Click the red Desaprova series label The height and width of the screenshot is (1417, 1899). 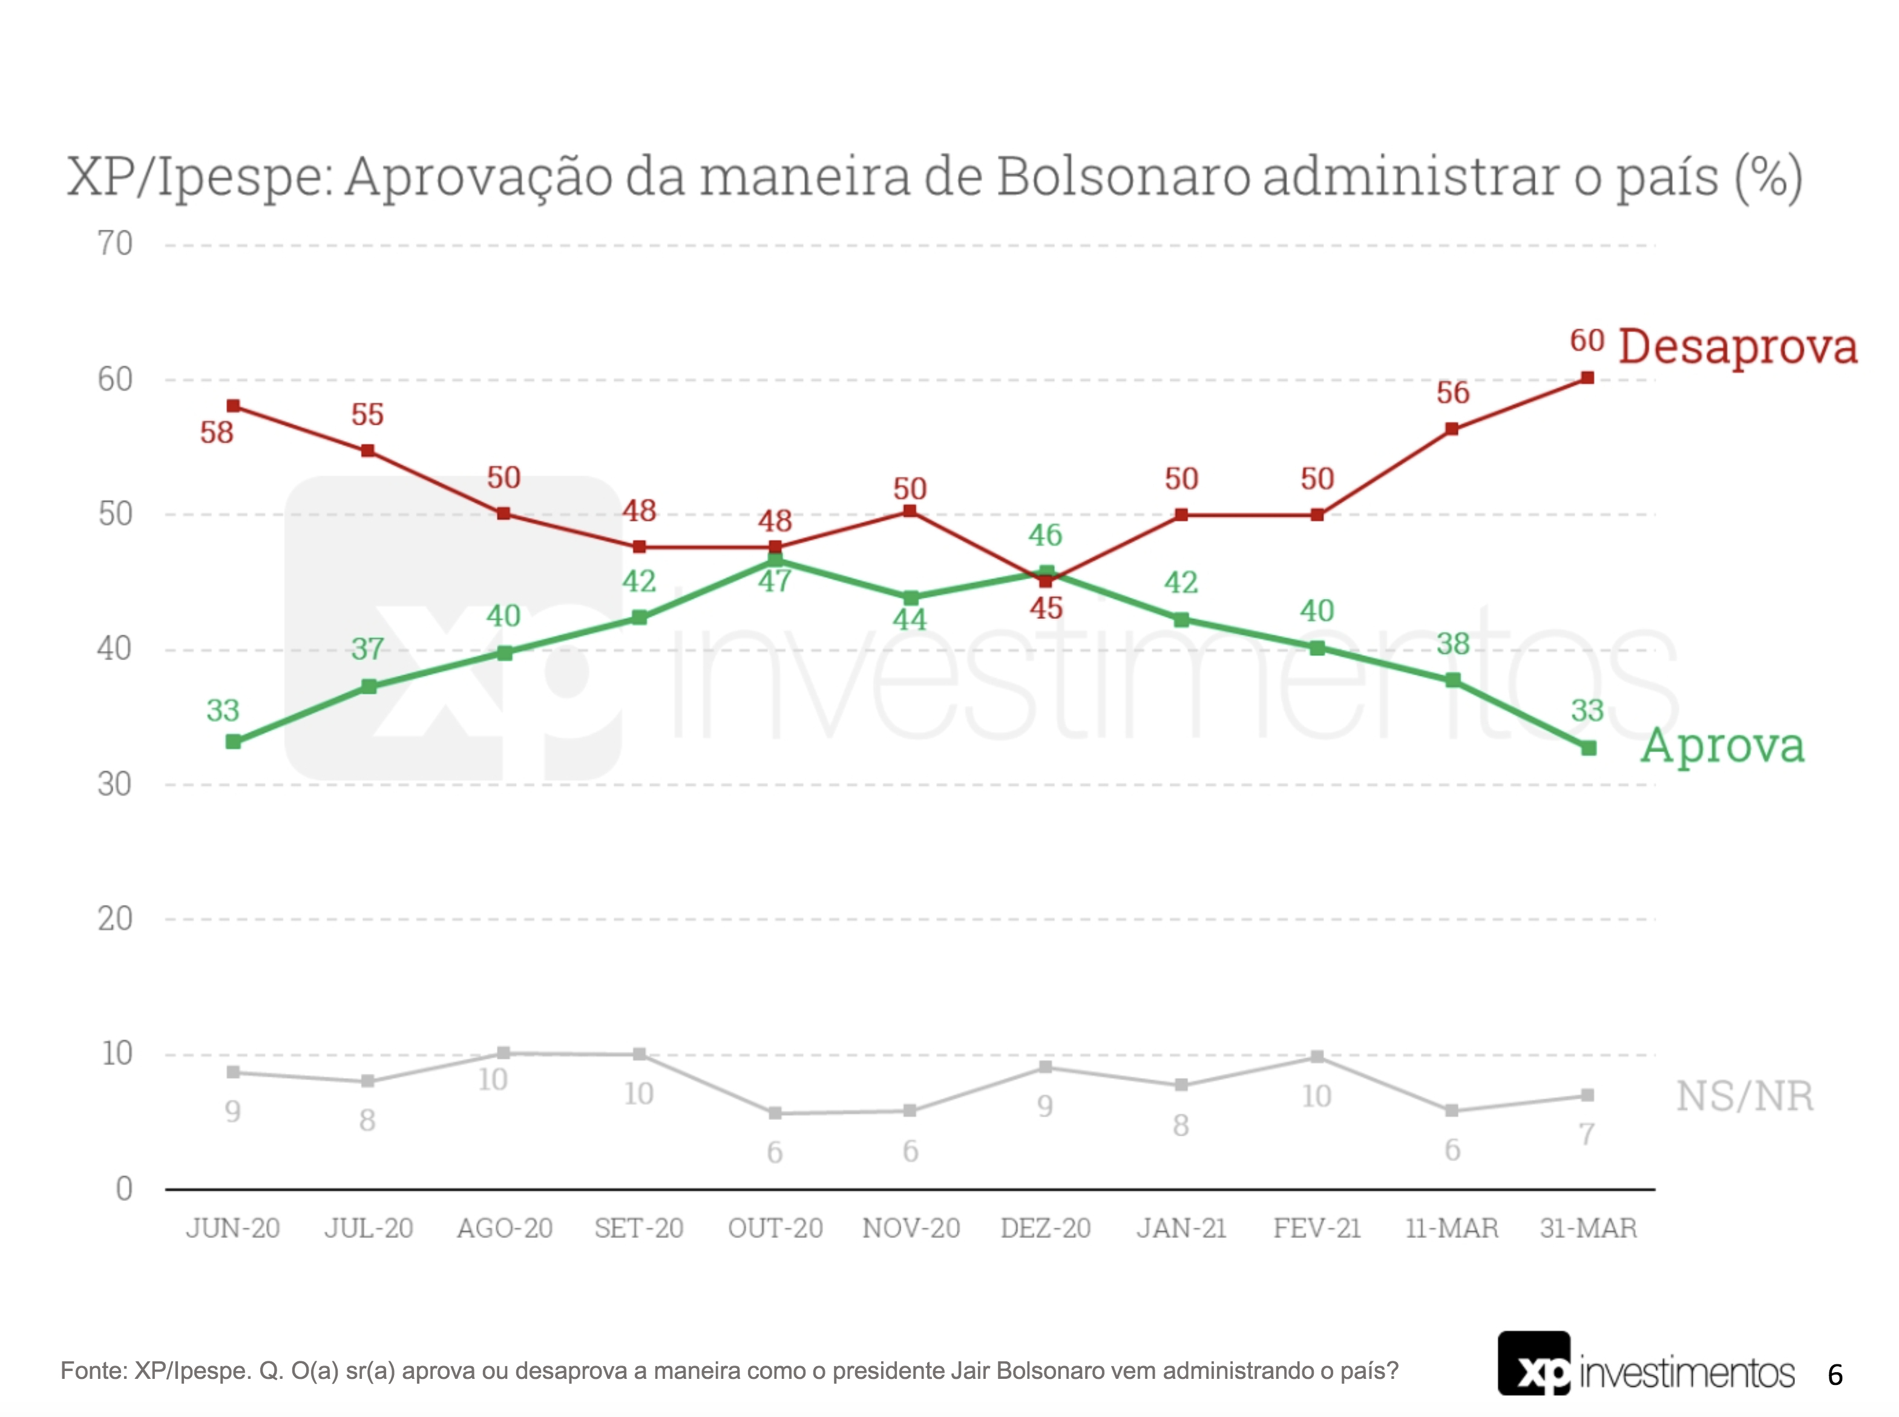[1737, 347]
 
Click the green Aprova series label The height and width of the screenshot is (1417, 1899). [1722, 745]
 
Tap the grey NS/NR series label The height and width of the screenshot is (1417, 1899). [1745, 1096]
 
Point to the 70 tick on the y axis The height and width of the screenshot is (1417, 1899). [115, 244]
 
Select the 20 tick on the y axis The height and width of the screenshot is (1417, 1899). [115, 918]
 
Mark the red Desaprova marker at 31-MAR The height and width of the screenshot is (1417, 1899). [1588, 378]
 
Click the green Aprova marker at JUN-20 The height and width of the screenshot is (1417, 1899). [234, 741]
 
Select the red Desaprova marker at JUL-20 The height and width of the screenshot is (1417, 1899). [368, 450]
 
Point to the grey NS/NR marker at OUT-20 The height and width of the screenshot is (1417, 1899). [775, 1113]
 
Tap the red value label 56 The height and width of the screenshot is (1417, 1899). [1453, 393]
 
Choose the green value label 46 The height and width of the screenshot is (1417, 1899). [1046, 535]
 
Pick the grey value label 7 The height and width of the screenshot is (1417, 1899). [1587, 1134]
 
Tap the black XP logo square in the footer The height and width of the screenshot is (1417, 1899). [1533, 1363]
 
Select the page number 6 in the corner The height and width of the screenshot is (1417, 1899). [1835, 1375]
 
